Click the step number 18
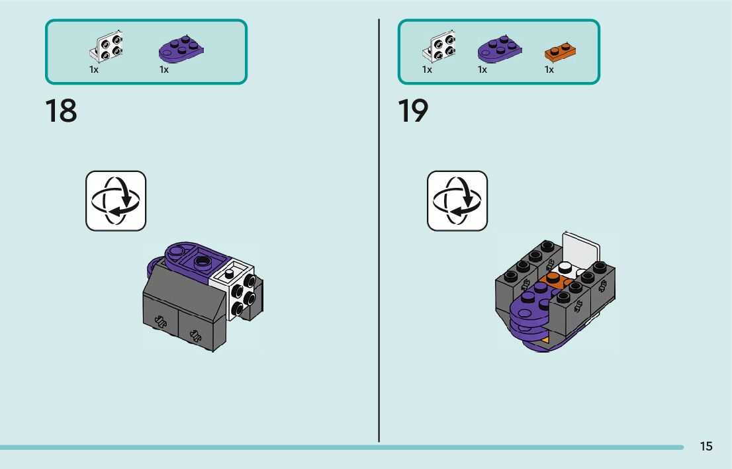[61, 111]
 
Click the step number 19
[413, 111]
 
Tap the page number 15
[706, 447]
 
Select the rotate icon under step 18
[116, 201]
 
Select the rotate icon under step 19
[457, 201]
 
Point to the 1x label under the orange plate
[549, 69]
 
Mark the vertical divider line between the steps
[379, 232]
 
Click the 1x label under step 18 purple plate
[164, 69]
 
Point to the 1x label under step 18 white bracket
[94, 69]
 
